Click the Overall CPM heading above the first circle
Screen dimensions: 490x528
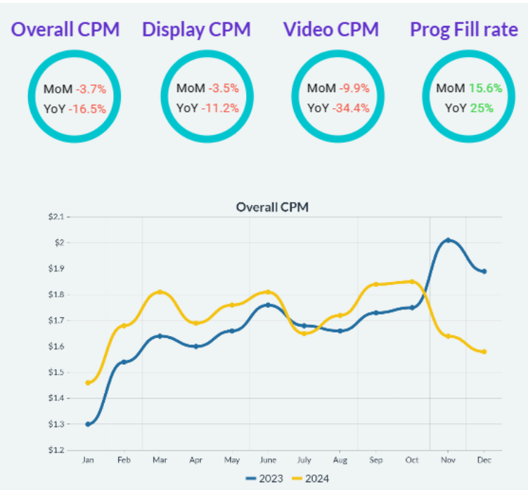[x=65, y=30]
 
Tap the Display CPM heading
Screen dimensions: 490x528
[x=196, y=30]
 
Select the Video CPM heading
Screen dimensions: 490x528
[x=330, y=30]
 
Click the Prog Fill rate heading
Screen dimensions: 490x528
[x=464, y=30]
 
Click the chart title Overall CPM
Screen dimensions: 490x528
[x=272, y=207]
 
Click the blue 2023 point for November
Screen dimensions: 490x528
[x=448, y=240]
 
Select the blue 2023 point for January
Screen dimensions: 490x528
[x=88, y=424]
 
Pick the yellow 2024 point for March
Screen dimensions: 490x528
[x=160, y=292]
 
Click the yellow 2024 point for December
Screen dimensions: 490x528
[x=484, y=352]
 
